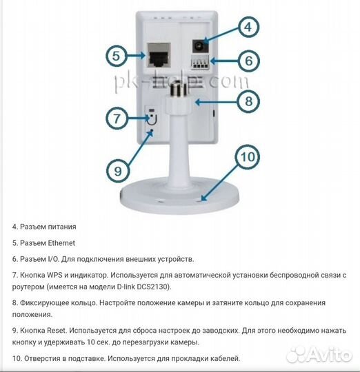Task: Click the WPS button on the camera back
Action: [x=151, y=112]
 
